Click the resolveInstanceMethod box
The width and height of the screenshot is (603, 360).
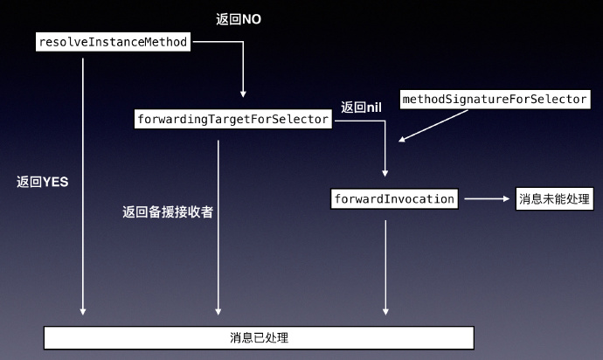(x=114, y=42)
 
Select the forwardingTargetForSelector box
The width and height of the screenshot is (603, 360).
(x=233, y=119)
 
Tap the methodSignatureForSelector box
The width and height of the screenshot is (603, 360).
(x=494, y=100)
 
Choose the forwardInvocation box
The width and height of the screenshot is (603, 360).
(x=394, y=199)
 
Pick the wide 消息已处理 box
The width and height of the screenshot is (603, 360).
(x=259, y=337)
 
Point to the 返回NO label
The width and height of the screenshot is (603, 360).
(x=238, y=18)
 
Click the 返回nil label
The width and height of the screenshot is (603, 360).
(x=362, y=107)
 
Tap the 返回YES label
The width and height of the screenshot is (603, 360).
(x=42, y=182)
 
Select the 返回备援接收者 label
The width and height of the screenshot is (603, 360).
(x=168, y=211)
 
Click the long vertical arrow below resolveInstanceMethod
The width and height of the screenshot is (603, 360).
(x=84, y=183)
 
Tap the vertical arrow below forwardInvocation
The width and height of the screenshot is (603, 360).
(x=385, y=267)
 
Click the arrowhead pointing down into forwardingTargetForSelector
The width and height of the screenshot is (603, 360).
(x=244, y=92)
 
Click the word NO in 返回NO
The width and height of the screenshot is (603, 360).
(x=250, y=18)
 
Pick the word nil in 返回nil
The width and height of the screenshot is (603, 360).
(x=374, y=107)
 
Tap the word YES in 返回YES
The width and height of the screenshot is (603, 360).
(x=55, y=182)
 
